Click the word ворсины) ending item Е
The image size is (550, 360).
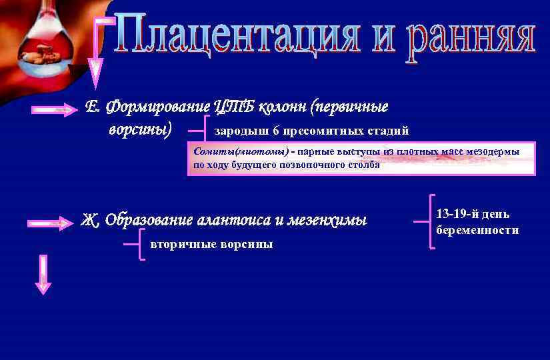[140, 128]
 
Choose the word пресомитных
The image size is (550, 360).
[318, 130]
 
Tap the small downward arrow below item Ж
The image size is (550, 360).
[43, 274]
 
